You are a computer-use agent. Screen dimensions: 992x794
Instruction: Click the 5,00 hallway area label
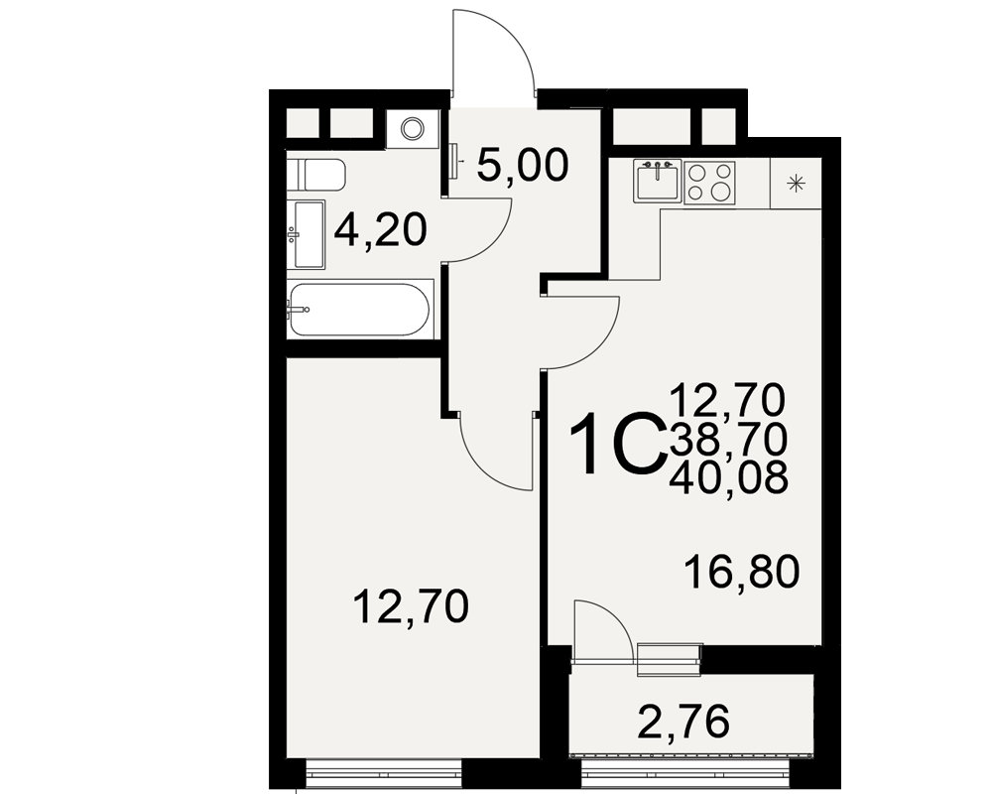[x=523, y=166]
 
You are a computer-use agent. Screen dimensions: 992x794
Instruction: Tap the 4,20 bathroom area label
[x=381, y=230]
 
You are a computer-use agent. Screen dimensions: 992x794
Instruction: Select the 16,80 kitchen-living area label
[x=742, y=571]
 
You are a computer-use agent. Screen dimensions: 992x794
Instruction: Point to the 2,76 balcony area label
[x=683, y=722]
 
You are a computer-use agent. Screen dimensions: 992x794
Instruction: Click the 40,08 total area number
[x=728, y=476]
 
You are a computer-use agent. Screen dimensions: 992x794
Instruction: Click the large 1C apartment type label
[x=617, y=444]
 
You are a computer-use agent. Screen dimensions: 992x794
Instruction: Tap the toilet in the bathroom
[x=316, y=174]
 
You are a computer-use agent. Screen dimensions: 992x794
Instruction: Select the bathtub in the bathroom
[x=359, y=309]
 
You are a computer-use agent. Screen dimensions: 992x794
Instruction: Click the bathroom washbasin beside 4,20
[x=307, y=234]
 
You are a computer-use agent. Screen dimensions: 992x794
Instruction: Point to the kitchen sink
[x=658, y=181]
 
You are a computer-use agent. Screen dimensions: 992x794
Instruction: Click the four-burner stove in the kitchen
[x=709, y=183]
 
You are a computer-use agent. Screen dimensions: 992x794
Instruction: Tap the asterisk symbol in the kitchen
[x=796, y=184]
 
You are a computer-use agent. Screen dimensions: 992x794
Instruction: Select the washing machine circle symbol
[x=412, y=129]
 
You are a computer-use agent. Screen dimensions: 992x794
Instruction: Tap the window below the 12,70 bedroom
[x=383, y=773]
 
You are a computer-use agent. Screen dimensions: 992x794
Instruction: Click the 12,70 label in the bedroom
[x=411, y=606]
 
